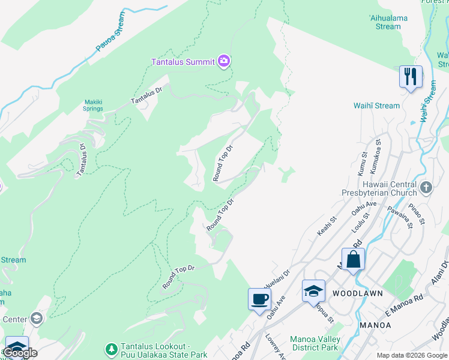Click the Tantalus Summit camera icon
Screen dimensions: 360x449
click(224, 61)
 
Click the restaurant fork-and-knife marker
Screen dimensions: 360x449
click(411, 77)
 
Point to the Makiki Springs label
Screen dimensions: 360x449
click(93, 105)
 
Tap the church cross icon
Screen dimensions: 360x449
click(426, 188)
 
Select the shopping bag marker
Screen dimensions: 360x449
click(354, 260)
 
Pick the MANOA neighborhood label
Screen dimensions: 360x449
click(375, 325)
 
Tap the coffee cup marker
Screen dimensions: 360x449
click(259, 299)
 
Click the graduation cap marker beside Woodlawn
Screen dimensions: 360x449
click(313, 290)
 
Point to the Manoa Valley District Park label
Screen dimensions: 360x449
click(315, 343)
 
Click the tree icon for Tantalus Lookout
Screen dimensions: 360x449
click(111, 349)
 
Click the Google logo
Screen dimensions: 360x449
click(20, 353)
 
